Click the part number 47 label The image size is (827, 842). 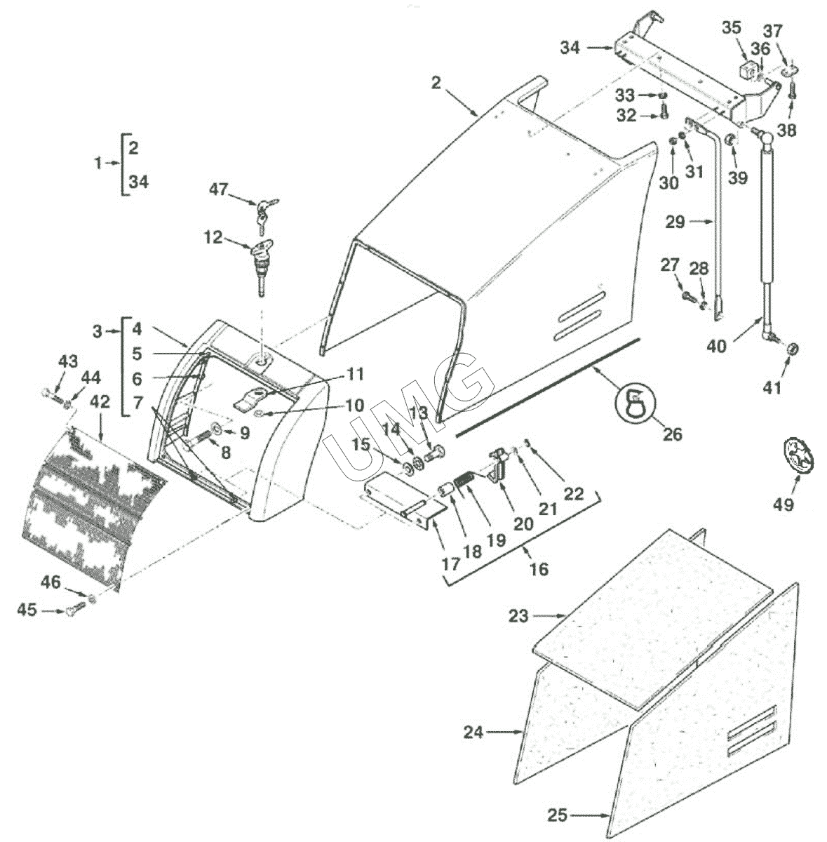pyautogui.click(x=218, y=189)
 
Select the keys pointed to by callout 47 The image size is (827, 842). pyautogui.click(x=266, y=215)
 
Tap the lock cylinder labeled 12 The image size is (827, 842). pyautogui.click(x=261, y=267)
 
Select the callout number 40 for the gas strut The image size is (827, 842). pyautogui.click(x=716, y=347)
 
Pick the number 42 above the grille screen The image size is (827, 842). pyautogui.click(x=100, y=401)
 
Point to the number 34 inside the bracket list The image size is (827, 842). pyautogui.click(x=139, y=181)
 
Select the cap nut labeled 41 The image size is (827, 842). pyautogui.click(x=792, y=349)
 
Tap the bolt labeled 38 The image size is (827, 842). pyautogui.click(x=793, y=91)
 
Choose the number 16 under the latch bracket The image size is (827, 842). pyautogui.click(x=539, y=569)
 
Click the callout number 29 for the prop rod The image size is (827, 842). pyautogui.click(x=675, y=222)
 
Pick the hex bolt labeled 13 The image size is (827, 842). pyautogui.click(x=433, y=453)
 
